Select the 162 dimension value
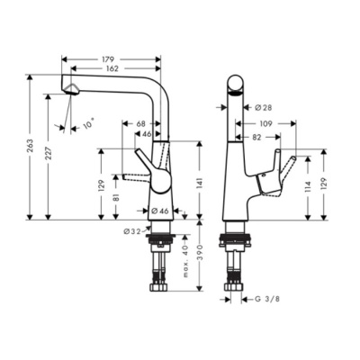(110, 67)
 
